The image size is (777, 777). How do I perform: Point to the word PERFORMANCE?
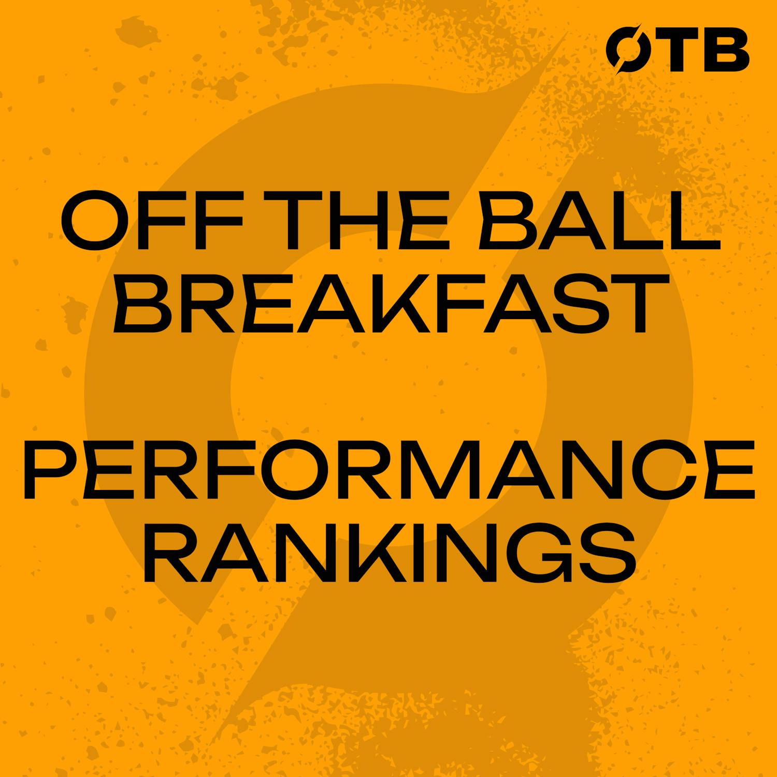click(388, 470)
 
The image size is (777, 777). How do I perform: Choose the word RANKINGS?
click(388, 553)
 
